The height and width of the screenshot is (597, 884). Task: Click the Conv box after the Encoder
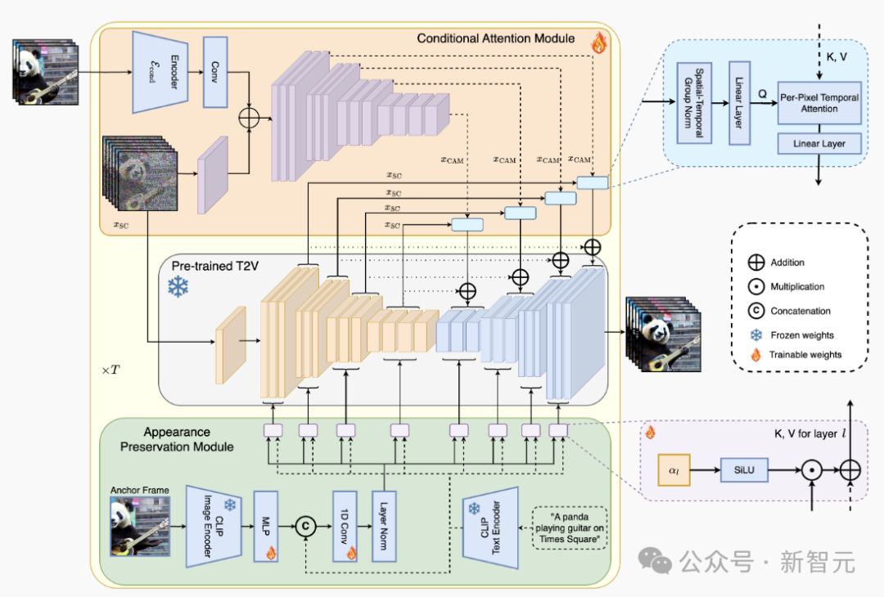215,72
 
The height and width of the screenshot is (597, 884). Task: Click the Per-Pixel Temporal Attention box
819,103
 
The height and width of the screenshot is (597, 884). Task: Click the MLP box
266,526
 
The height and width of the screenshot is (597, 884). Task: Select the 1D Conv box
345,526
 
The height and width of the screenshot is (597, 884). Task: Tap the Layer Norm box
384,526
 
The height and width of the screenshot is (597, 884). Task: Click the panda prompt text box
570,527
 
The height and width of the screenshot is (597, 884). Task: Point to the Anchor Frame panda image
139,527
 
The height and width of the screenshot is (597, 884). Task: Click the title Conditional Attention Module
495,38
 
